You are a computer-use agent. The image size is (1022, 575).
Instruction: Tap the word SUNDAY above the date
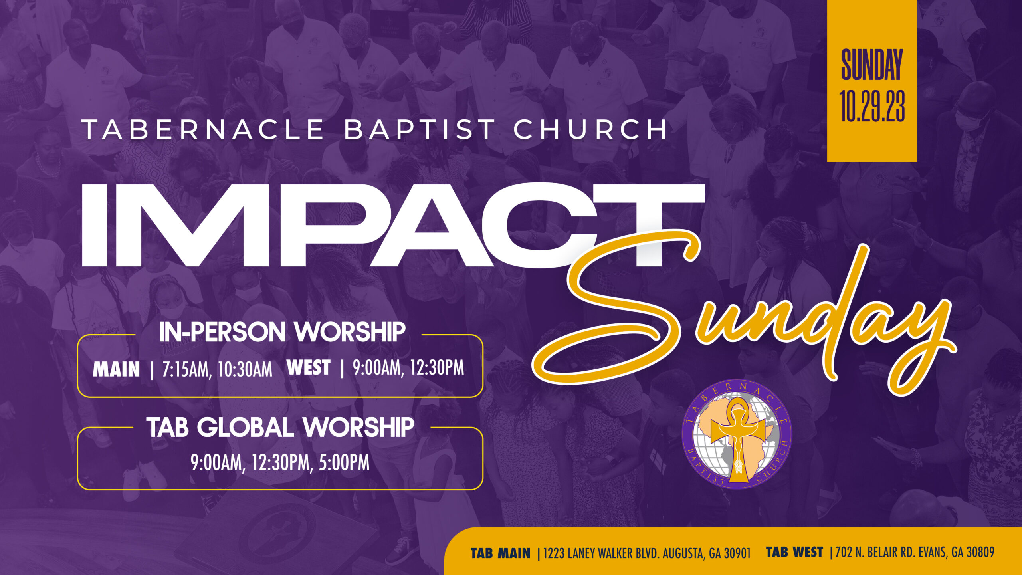pyautogui.click(x=872, y=64)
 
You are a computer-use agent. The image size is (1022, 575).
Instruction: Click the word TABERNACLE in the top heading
pyautogui.click(x=203, y=129)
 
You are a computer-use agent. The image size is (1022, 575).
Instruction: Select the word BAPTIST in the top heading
pyautogui.click(x=420, y=129)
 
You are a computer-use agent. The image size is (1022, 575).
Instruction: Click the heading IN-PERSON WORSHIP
pyautogui.click(x=282, y=332)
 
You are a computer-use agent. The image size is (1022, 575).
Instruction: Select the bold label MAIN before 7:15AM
pyautogui.click(x=116, y=369)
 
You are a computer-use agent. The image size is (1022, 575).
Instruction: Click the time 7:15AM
pyautogui.click(x=185, y=369)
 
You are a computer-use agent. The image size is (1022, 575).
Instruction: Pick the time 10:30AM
pyautogui.click(x=245, y=369)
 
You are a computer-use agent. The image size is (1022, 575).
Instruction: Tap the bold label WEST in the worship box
pyautogui.click(x=309, y=367)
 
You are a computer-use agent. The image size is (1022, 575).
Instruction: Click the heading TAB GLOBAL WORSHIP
pyautogui.click(x=280, y=427)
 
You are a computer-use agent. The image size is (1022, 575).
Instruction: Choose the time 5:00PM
pyautogui.click(x=344, y=463)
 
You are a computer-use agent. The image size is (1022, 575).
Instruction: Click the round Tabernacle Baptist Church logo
pyautogui.click(x=737, y=434)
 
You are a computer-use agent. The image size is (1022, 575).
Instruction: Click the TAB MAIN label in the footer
pyautogui.click(x=501, y=553)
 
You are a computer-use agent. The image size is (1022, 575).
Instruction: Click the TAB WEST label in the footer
pyautogui.click(x=794, y=552)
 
